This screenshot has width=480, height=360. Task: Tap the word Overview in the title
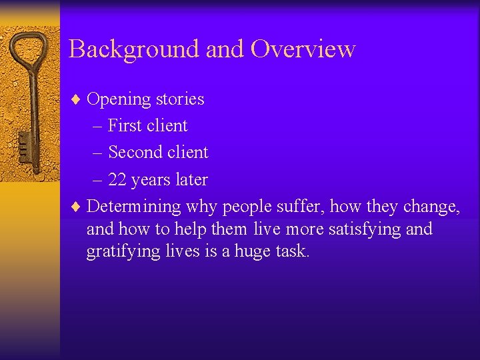click(303, 49)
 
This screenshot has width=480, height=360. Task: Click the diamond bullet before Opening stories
click(76, 99)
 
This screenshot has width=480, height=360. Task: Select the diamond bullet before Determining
click(76, 207)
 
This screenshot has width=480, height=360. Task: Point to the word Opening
click(119, 99)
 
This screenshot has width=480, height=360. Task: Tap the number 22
click(117, 180)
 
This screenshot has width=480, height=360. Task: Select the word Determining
click(133, 207)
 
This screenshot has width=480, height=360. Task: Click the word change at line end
click(433, 207)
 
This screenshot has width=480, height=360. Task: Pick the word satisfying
click(365, 229)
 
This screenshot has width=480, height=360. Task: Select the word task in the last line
click(291, 252)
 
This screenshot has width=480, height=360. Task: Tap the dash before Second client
click(98, 153)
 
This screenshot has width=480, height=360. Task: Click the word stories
click(180, 99)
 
